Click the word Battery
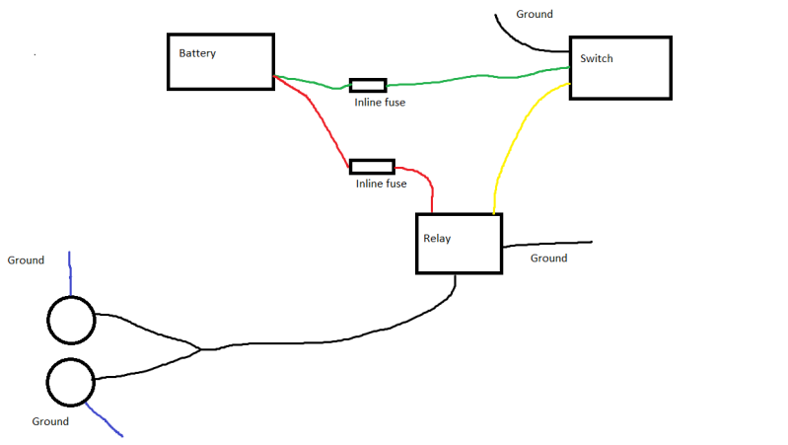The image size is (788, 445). [x=197, y=53]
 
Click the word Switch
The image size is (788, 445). [x=596, y=58]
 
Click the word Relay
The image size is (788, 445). [x=437, y=239]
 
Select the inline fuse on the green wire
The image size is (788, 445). [x=368, y=85]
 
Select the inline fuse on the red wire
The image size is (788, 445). [x=372, y=167]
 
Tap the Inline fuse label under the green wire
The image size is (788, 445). [x=380, y=102]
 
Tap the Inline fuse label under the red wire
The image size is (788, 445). [x=382, y=184]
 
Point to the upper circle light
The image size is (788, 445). [x=71, y=320]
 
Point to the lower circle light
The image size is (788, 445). [x=70, y=382]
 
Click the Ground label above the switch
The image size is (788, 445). [x=535, y=15]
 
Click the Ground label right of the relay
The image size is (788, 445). [x=548, y=259]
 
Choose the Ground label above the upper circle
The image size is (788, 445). [x=26, y=260]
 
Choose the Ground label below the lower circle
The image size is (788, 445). [x=50, y=421]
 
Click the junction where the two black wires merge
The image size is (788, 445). [x=200, y=348]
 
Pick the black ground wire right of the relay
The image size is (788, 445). [x=547, y=243]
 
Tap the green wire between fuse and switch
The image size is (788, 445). [x=473, y=76]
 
